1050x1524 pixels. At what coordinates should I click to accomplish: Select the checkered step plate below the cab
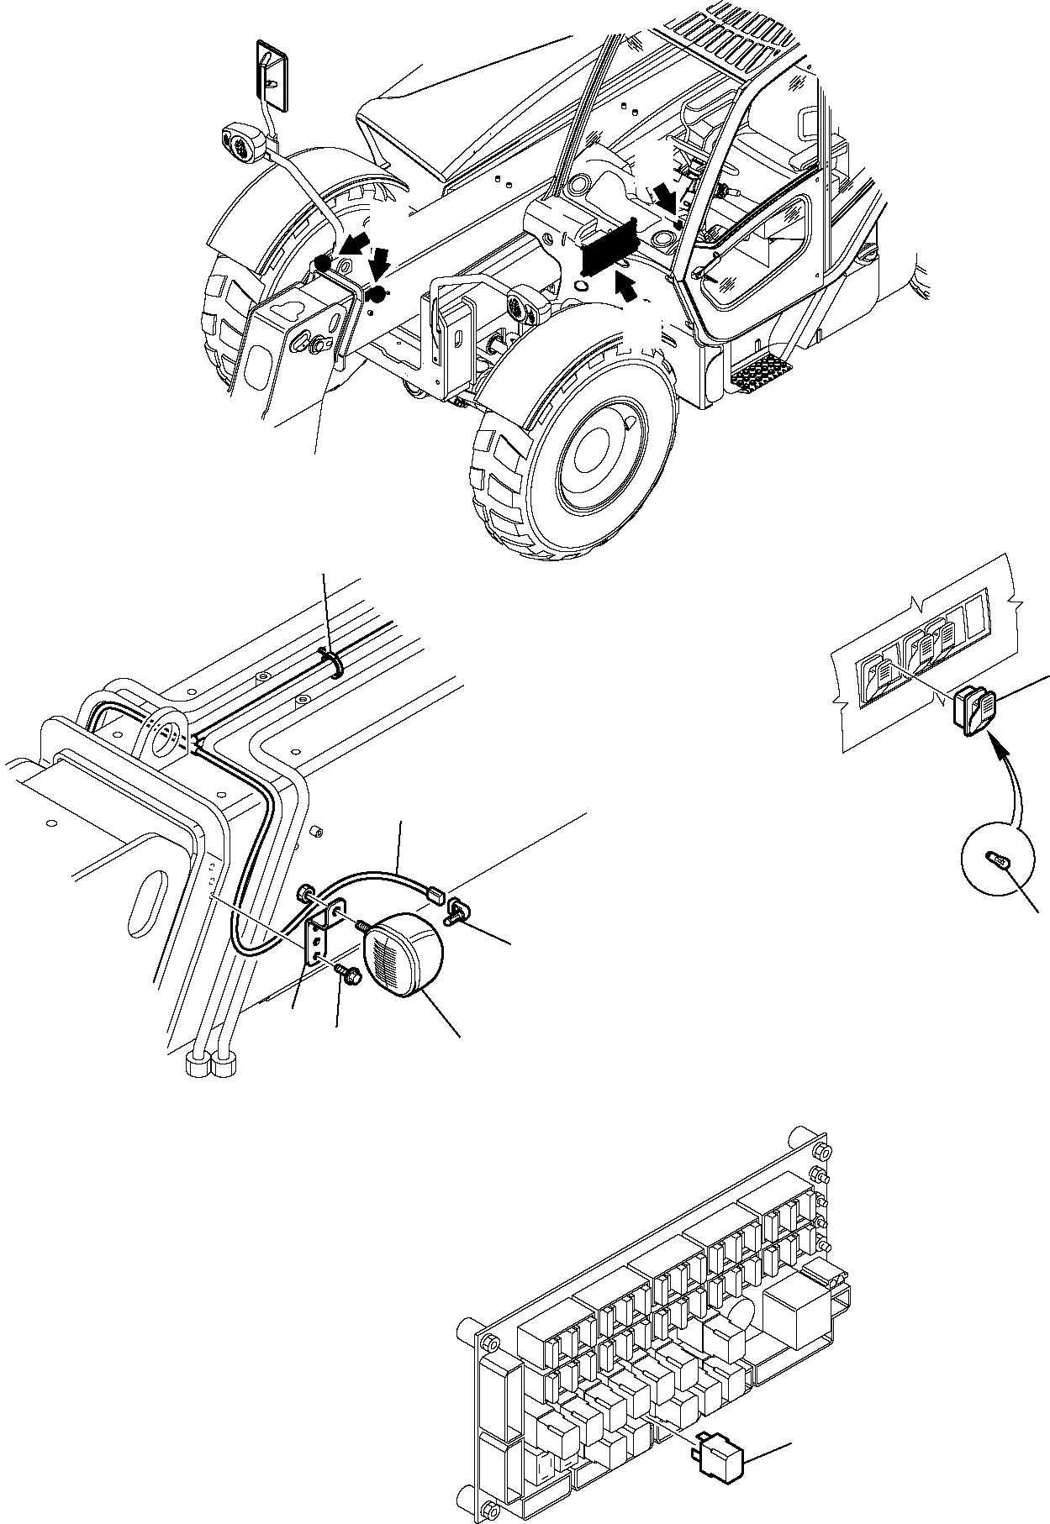coord(760,370)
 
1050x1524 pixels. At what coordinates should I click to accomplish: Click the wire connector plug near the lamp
coord(435,896)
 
